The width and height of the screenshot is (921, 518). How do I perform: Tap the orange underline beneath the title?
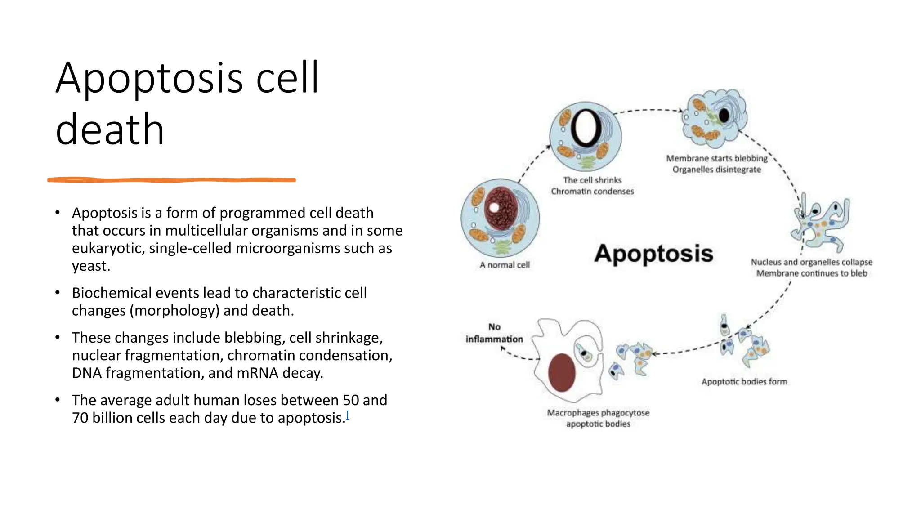(x=171, y=180)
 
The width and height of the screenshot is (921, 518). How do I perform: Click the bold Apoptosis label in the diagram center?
(x=653, y=254)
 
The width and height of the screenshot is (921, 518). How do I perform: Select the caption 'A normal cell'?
(x=505, y=265)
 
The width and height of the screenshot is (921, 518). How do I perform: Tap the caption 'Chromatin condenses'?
(x=592, y=191)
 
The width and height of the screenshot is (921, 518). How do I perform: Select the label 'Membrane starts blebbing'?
(x=717, y=158)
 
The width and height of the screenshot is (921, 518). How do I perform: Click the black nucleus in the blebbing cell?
(x=724, y=116)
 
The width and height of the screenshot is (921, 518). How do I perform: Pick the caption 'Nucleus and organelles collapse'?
(x=811, y=262)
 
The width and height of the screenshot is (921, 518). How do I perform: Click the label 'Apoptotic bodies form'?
(x=744, y=381)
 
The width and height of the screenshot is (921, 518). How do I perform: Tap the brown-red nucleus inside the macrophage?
(x=562, y=373)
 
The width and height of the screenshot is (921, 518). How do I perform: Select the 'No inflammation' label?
(x=494, y=333)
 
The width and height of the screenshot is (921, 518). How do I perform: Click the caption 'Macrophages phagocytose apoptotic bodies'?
(x=598, y=418)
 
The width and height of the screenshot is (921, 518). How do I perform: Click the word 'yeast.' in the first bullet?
(x=91, y=266)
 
